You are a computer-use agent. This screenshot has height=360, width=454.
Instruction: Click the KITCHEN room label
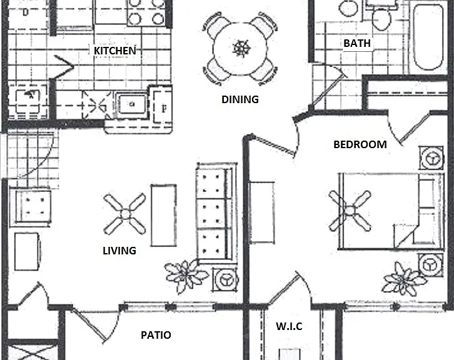tap(114, 51)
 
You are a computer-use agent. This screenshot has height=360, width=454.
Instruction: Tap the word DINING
tap(240, 99)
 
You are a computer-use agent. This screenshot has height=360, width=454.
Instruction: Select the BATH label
tap(357, 43)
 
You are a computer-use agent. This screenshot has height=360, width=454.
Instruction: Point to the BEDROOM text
tap(360, 144)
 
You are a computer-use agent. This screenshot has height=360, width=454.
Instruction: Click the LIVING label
tap(119, 251)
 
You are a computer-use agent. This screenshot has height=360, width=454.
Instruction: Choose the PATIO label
tap(156, 335)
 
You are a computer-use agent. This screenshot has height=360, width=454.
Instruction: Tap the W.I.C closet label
tap(290, 326)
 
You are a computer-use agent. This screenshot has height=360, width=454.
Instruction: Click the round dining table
tap(240, 49)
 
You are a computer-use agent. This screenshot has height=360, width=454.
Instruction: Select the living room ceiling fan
tap(125, 214)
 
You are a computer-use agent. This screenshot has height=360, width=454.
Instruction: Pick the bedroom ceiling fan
tap(350, 211)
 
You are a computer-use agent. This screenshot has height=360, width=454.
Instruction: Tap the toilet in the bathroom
tap(381, 18)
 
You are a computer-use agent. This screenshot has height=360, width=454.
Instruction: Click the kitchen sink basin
tap(132, 104)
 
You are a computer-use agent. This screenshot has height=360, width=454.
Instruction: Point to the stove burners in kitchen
tap(146, 12)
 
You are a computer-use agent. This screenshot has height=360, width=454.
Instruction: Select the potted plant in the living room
tap(186, 275)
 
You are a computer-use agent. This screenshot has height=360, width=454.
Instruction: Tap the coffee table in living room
tap(164, 215)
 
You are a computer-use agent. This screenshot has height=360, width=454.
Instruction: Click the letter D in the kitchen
tap(26, 12)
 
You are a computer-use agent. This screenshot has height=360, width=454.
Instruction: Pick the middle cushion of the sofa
tap(211, 214)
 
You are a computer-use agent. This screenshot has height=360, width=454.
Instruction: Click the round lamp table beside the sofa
tap(226, 280)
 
